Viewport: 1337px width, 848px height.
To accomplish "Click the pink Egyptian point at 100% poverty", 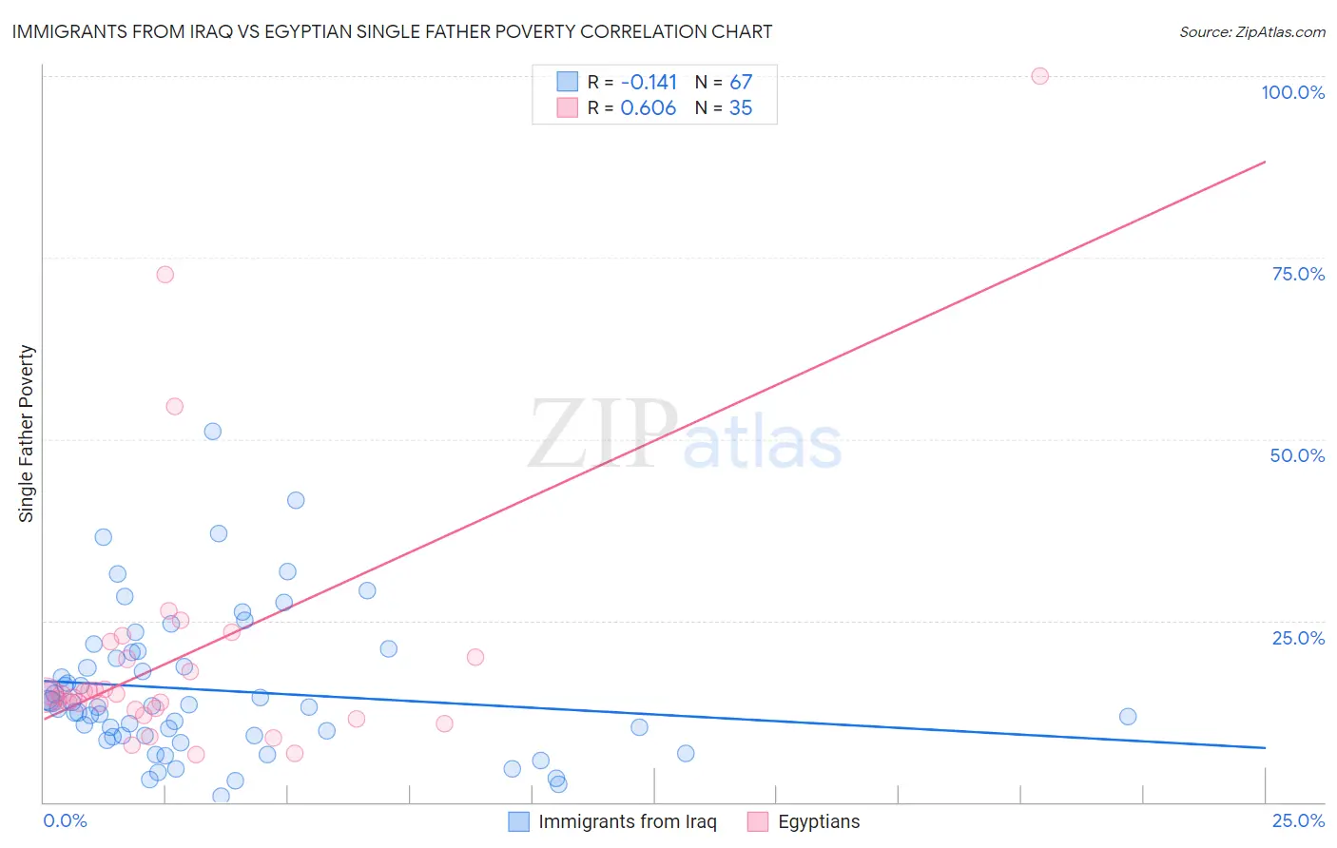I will click(x=1039, y=76).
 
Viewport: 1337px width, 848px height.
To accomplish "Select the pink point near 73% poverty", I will click(x=165, y=275).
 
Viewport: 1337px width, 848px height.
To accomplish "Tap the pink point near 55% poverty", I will click(x=174, y=406).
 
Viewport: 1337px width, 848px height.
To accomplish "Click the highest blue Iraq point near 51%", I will click(x=213, y=432).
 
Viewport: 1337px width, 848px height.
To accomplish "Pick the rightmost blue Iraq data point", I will click(x=1128, y=717).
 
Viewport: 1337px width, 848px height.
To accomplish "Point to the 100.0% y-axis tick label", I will click(x=1292, y=92).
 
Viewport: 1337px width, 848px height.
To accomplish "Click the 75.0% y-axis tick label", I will click(x=1298, y=274).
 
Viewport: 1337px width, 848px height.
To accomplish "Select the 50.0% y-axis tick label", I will click(x=1297, y=455).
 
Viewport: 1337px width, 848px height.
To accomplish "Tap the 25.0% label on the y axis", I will click(x=1298, y=638).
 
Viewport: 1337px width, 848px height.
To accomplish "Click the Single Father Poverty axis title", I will click(x=27, y=434).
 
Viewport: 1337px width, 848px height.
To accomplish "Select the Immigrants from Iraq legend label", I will click(x=628, y=822).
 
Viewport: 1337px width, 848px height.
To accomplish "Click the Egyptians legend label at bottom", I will click(x=819, y=822).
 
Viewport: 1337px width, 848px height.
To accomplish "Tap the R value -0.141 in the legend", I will click(x=649, y=83).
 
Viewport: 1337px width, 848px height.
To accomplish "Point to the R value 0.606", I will click(x=649, y=108).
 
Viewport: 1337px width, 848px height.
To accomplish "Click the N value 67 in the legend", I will click(x=741, y=83).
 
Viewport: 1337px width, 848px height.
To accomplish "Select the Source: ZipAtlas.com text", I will click(x=1251, y=32).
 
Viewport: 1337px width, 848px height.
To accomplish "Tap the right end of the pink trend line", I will click(x=1265, y=163).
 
